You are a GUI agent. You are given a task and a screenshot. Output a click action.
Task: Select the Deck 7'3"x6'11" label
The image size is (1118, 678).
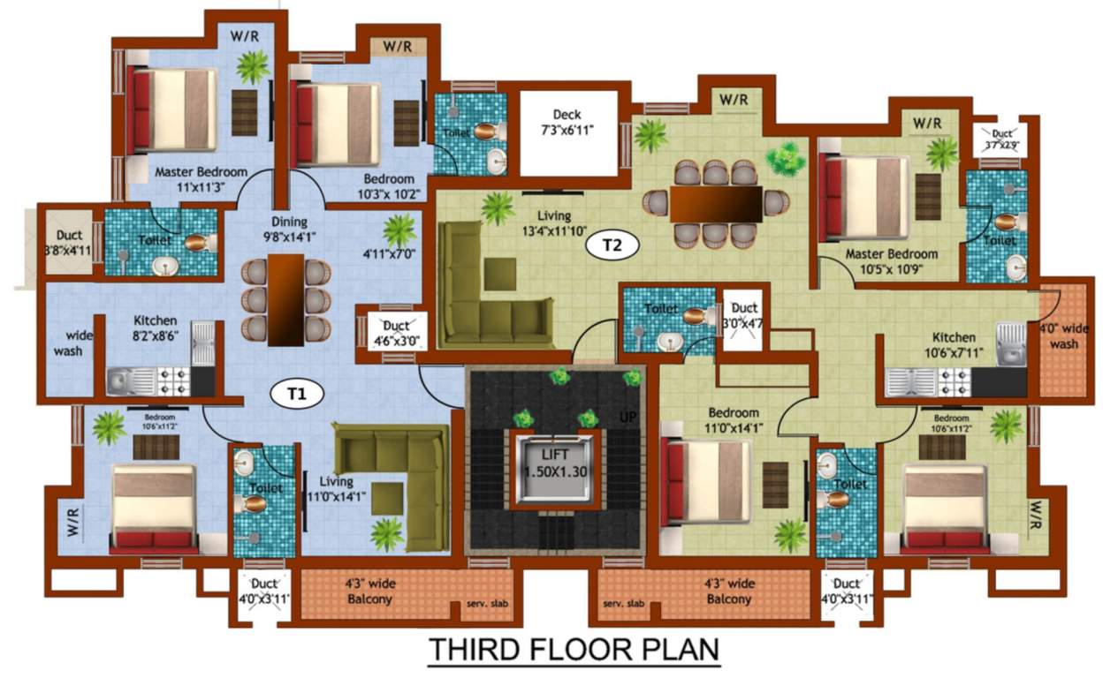(x=566, y=122)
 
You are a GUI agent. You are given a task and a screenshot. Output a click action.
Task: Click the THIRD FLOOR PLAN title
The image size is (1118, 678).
(x=574, y=650)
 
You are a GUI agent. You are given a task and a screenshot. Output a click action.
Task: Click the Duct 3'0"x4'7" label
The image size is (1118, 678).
(x=745, y=315)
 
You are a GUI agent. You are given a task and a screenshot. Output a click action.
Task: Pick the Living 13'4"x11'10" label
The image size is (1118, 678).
(x=553, y=222)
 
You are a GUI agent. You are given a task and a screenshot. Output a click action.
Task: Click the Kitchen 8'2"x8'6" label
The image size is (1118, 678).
(x=155, y=328)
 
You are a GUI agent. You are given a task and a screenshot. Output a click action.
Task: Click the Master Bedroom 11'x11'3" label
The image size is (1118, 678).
(x=201, y=179)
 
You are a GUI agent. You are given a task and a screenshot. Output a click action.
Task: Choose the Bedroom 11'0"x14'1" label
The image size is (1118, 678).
(x=733, y=420)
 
